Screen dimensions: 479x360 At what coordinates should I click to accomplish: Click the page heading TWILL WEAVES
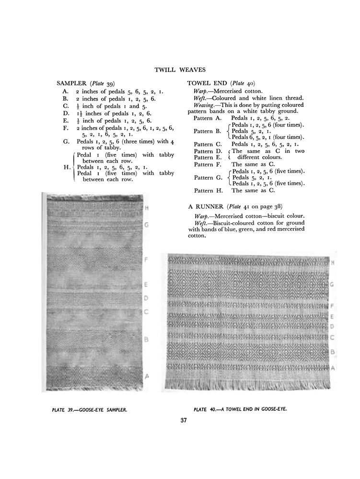coord(180,70)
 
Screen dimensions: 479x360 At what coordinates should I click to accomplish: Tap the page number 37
coord(180,421)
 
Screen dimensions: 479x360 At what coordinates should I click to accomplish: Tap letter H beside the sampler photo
coord(146,207)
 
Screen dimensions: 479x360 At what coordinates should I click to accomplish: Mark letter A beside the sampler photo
coord(147,376)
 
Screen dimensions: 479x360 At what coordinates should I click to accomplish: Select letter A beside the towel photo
coord(332,367)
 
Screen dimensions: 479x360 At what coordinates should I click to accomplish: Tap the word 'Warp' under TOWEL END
coord(201,91)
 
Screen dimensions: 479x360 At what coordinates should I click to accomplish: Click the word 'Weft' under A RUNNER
coord(200,223)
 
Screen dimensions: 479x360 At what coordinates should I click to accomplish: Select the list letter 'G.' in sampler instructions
coord(66,142)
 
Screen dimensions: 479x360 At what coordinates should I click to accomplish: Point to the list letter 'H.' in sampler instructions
coord(66,167)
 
